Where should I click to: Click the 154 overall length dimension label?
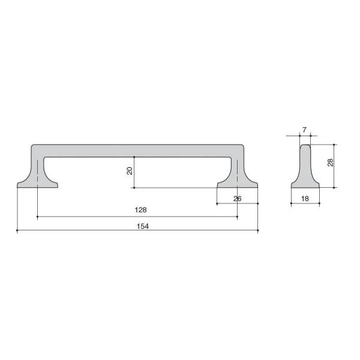coord(143,226)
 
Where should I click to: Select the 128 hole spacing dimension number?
coord(141,210)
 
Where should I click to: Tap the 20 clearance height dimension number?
coord(130,171)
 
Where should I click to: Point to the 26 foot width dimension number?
coord(238,199)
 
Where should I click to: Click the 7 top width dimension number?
coord(304,130)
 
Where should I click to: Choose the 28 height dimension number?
coord(331,163)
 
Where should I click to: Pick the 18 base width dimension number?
coord(305,199)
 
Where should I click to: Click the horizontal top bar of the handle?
coord(137,151)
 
